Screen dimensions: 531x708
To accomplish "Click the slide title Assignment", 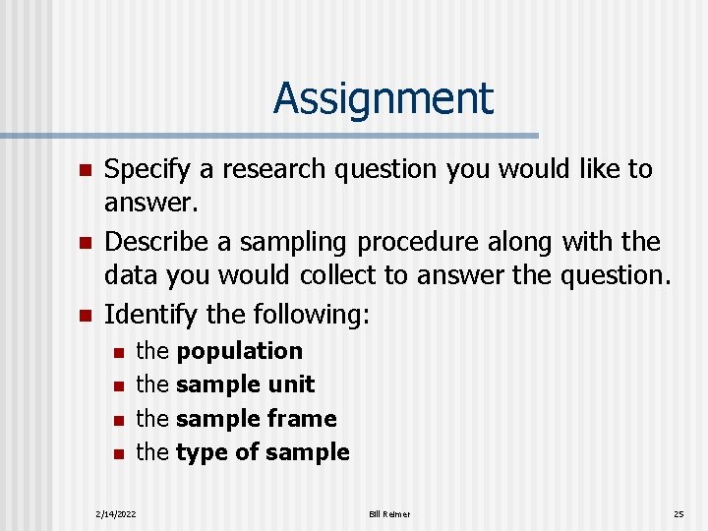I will pos(383,98).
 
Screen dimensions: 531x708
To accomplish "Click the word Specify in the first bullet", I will pos(144,170).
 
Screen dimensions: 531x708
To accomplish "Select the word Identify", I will pos(142,315).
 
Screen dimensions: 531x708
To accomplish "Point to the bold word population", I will pos(239,351).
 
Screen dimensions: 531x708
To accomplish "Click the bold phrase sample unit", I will pos(245,384).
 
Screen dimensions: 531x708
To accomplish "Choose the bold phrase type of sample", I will pos(263,452).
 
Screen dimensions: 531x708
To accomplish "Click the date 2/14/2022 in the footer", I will pos(116,513).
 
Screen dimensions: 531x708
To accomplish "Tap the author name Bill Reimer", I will pos(390,513).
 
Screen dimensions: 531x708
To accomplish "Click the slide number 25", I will pos(678,513).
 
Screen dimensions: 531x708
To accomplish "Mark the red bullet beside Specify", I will pos(85,171).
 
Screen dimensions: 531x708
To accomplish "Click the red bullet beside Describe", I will pos(85,243).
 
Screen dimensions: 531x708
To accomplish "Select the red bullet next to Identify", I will pos(85,316).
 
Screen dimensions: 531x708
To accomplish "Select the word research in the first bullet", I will pos(282,170).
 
